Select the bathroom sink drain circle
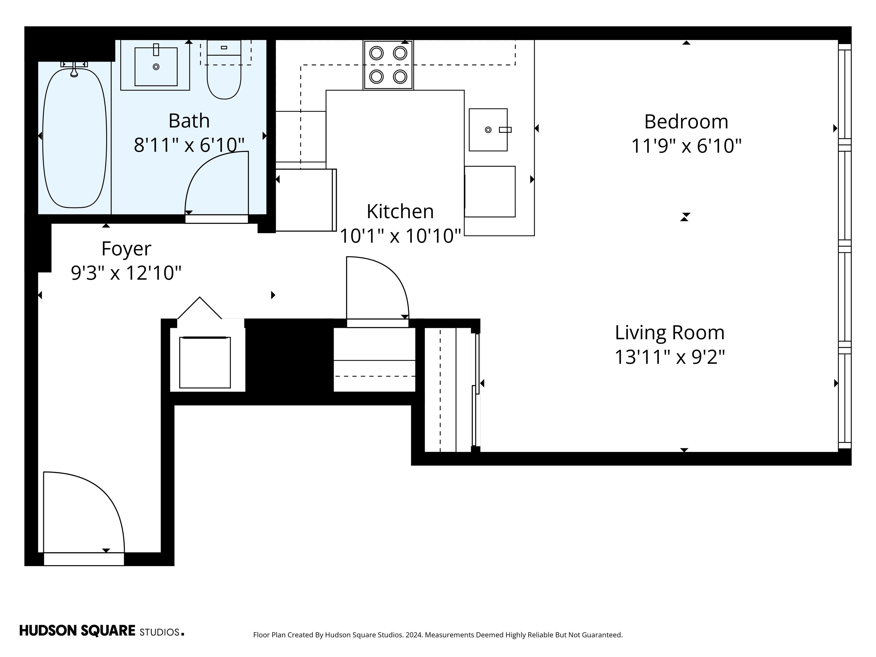click(x=156, y=67)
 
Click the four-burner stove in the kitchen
click(x=388, y=65)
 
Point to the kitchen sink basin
click(x=488, y=130)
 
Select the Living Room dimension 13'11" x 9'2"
click(x=669, y=357)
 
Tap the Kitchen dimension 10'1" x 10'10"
click(x=400, y=236)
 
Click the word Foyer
click(x=126, y=249)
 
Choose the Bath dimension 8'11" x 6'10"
click(x=189, y=145)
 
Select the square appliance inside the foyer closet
click(x=205, y=362)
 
